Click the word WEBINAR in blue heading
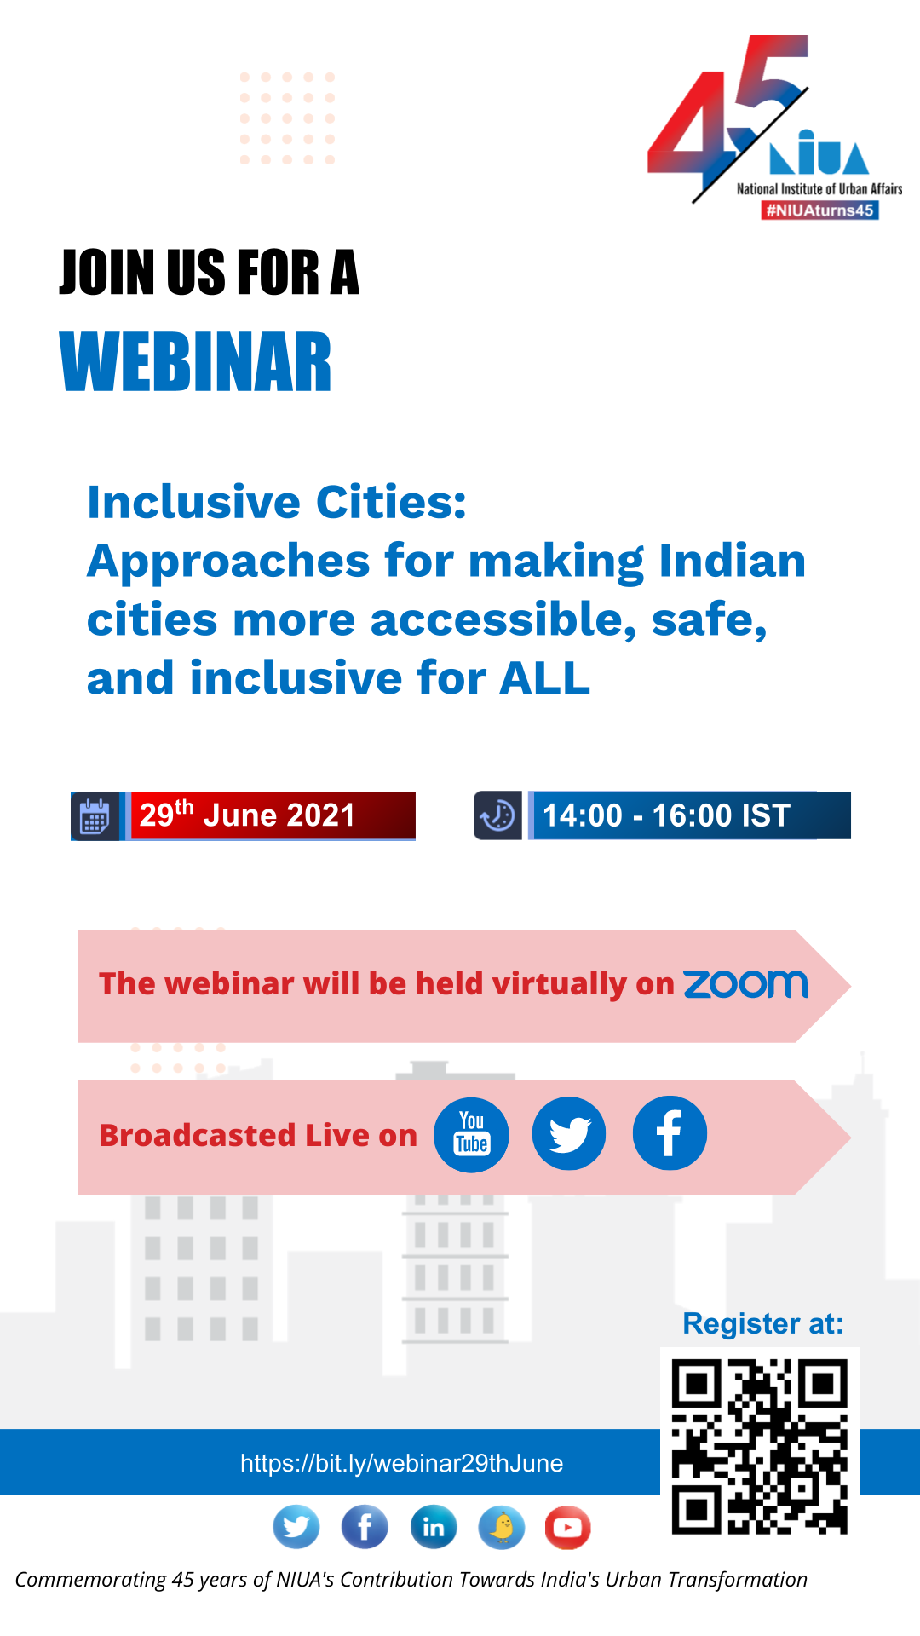[x=195, y=363]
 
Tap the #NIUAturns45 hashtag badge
[x=819, y=210]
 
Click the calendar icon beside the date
[x=95, y=816]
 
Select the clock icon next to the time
[x=497, y=815]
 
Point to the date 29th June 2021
[x=247, y=815]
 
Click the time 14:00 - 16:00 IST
[x=666, y=815]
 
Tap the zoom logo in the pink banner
[x=745, y=984]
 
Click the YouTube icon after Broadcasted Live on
[x=471, y=1135]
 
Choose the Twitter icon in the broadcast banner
[x=569, y=1133]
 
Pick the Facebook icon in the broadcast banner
[x=670, y=1133]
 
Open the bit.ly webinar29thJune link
[x=401, y=1463]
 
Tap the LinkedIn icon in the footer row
[x=434, y=1527]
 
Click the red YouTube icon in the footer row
[x=568, y=1527]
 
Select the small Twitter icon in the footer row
[x=296, y=1527]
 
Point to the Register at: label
[x=762, y=1323]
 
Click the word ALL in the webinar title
[x=544, y=678]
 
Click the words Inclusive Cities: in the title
[x=277, y=502]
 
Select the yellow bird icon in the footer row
[x=502, y=1527]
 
